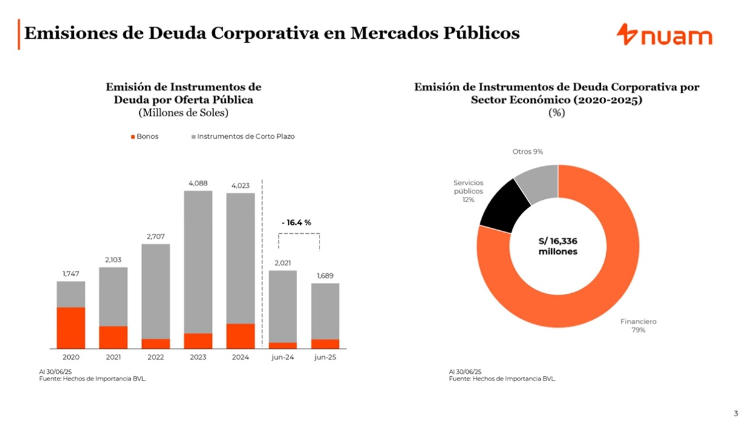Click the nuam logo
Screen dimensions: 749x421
(664, 35)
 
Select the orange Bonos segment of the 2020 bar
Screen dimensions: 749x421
(71, 328)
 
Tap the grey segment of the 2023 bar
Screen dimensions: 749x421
(198, 262)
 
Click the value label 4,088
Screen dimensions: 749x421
(198, 183)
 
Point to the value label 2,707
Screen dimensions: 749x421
(155, 237)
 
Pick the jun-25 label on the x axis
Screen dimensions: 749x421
(325, 357)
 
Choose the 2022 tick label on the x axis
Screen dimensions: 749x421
(155, 357)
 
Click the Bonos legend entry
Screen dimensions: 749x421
(145, 136)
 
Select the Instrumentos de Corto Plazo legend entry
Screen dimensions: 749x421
(243, 136)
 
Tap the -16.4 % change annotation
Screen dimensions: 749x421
(296, 222)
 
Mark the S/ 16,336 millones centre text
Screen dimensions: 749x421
(558, 247)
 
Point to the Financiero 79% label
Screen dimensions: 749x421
(638, 326)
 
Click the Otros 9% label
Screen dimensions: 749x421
(528, 151)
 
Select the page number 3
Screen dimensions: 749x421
(736, 413)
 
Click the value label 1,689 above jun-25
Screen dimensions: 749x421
(325, 276)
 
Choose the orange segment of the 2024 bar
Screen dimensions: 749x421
(240, 336)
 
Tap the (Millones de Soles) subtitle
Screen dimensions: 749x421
(183, 113)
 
